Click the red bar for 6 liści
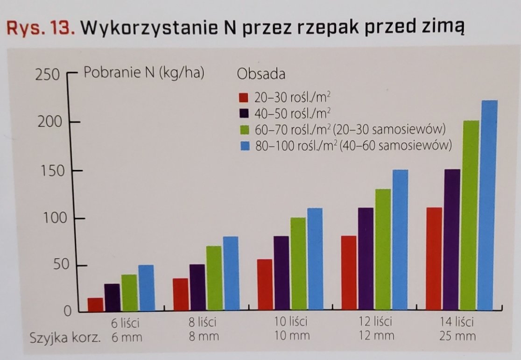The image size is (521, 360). [x=95, y=304]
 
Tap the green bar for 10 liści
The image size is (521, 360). [x=298, y=264]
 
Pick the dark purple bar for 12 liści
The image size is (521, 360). [x=366, y=259]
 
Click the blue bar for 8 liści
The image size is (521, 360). [x=231, y=273]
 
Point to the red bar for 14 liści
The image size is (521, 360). [x=434, y=259]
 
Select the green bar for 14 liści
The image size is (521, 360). [x=471, y=215]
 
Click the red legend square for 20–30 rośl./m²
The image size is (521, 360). [x=243, y=98]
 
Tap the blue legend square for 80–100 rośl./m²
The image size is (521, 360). [x=243, y=146]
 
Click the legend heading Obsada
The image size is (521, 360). [x=261, y=74]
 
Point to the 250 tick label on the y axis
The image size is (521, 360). [x=47, y=75]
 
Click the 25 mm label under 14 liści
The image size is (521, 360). [x=458, y=336]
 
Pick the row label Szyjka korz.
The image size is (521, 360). [x=65, y=337]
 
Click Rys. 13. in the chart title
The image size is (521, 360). [x=40, y=28]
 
